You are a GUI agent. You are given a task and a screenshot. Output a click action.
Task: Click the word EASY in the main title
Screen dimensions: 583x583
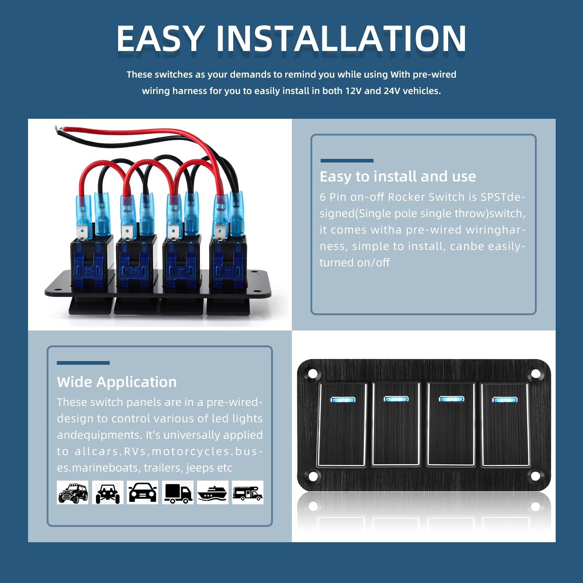pos(160,39)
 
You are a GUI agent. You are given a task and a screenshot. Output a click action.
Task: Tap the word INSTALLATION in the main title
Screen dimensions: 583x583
pos(341,39)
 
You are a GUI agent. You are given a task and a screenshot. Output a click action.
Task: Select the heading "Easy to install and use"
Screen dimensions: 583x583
pos(398,176)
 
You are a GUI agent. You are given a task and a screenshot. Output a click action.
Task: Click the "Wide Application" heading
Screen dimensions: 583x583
pos(117,382)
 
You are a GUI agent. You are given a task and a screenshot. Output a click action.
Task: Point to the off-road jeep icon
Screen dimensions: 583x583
pos(73,493)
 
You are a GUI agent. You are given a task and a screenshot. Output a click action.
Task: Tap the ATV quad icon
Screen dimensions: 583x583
pos(107,493)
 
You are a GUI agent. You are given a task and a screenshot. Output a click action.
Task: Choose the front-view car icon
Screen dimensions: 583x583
pos(142,493)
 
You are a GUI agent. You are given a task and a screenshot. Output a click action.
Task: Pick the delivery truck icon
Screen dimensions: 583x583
pos(177,493)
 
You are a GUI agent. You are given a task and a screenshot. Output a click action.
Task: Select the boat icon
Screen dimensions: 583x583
pos(212,493)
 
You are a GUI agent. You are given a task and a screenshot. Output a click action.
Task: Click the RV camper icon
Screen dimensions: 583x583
pos(247,493)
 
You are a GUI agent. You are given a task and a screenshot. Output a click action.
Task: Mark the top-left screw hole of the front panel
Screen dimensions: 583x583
pos(312,374)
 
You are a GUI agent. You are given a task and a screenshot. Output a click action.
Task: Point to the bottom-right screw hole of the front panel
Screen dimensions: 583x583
pos(535,476)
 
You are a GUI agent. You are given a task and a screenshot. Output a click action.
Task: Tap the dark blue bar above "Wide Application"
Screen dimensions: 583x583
pos(83,363)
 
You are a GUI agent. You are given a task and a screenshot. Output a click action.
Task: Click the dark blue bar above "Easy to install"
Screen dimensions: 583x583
pos(347,161)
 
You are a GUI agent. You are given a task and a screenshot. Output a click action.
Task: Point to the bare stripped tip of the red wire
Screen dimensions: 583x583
pos(56,129)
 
